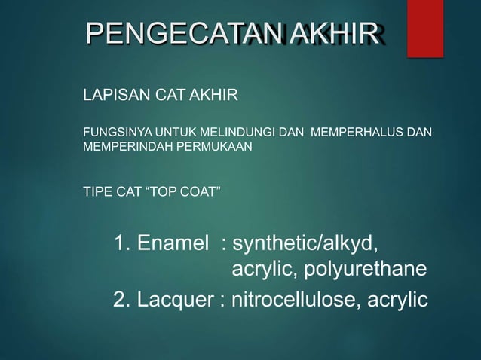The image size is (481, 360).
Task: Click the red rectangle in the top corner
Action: [425, 28]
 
